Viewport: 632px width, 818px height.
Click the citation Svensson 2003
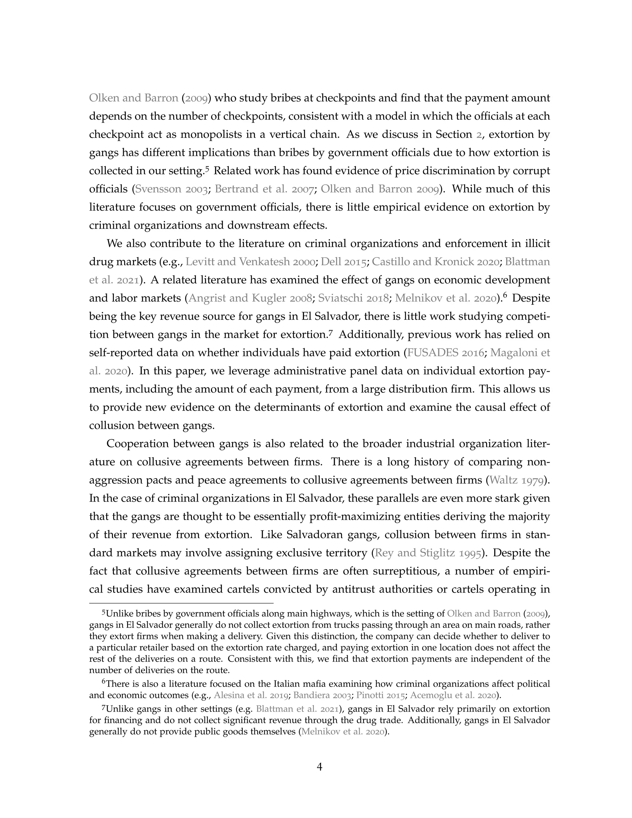pos(171,189)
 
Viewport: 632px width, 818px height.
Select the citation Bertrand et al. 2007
pos(264,189)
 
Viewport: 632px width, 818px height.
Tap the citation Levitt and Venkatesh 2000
pos(250,261)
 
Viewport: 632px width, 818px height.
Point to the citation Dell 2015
pos(344,261)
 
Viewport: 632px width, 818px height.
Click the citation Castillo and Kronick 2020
pos(435,261)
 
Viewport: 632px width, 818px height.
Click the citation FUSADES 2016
pos(446,353)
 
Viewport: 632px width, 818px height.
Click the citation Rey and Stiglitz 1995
pos(428,553)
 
